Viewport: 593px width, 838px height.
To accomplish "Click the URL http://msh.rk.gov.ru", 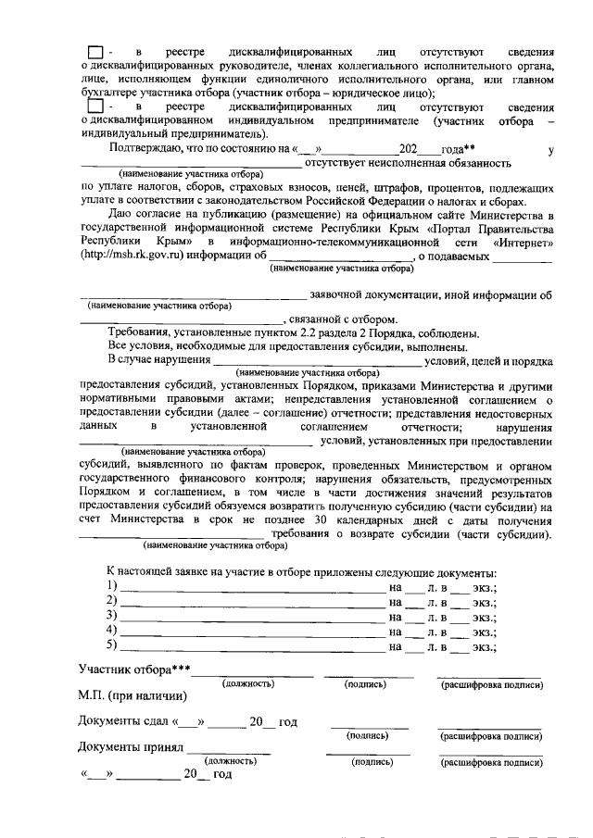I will tap(131, 255).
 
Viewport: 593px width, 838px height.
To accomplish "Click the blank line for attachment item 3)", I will tap(251, 617).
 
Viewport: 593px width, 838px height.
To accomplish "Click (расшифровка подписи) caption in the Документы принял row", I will tap(490, 763).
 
